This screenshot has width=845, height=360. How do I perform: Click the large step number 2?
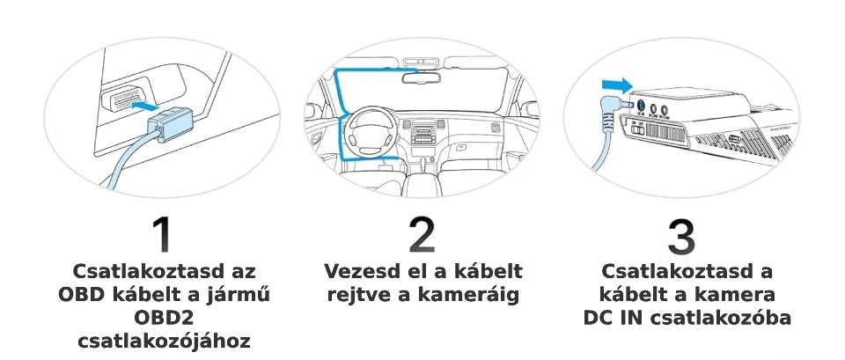[x=422, y=235]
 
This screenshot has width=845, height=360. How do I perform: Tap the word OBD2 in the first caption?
[x=163, y=317]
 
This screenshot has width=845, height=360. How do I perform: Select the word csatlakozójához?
[x=163, y=341]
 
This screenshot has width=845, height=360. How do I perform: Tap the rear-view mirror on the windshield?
[x=422, y=77]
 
